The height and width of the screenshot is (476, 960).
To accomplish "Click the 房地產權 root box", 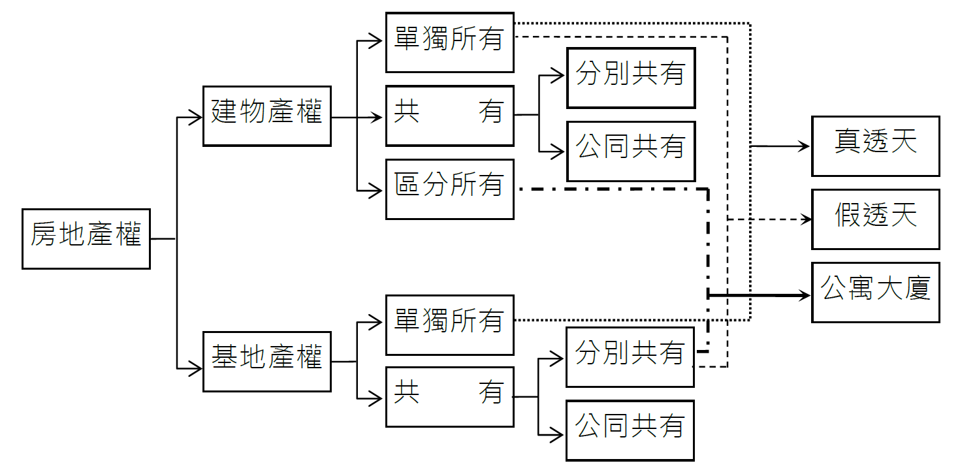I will click(x=86, y=238).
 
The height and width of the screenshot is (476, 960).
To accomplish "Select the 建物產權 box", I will click(x=266, y=116).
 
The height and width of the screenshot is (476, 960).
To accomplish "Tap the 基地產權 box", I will click(x=266, y=361).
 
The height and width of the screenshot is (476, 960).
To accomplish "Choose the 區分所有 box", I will click(x=449, y=189).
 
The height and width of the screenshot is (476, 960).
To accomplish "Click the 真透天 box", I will click(x=875, y=146).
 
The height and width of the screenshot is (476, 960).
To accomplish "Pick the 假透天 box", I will click(x=875, y=219).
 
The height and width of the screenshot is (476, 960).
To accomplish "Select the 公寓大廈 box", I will click(x=875, y=293).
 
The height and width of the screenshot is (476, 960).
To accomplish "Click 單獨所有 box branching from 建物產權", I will click(x=449, y=42).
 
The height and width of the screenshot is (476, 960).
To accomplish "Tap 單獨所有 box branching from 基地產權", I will click(x=449, y=325).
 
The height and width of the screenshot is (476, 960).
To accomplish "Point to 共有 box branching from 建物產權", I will click(x=449, y=116).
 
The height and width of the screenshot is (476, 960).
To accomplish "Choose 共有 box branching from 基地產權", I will click(x=449, y=396).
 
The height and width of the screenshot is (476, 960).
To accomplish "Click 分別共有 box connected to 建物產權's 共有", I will click(x=630, y=78).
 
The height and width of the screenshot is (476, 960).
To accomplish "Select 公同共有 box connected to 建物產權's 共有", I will click(x=630, y=151).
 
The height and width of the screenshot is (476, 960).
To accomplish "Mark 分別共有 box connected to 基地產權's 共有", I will click(x=630, y=357).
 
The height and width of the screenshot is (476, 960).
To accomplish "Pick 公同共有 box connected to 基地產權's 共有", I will click(x=630, y=430).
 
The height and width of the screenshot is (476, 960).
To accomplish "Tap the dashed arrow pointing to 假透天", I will click(x=771, y=220).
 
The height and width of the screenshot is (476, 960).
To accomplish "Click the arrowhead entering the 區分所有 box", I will click(x=376, y=191).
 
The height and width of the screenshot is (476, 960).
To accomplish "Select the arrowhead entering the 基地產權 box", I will click(x=195, y=369).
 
